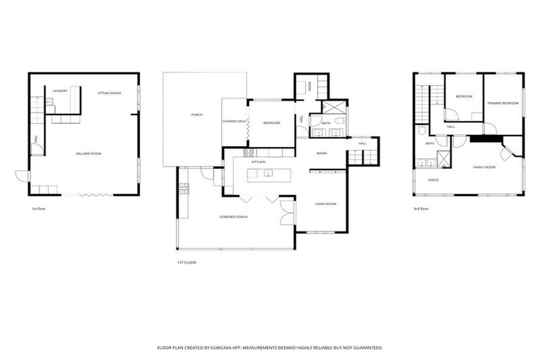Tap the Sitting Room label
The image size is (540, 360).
pos(109,93)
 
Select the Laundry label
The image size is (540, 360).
pos(60,91)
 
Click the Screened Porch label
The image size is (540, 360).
pos(233,217)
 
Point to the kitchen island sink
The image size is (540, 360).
pos(269,173)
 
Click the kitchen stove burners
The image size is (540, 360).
pos(247,153)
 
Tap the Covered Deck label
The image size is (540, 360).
pos(234,122)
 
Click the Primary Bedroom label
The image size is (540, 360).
pos(503,103)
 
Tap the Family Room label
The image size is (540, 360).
pos(484,167)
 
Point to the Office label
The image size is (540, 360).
pos(433,180)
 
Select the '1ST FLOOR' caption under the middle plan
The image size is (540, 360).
pos(186,262)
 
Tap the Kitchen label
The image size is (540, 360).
pos(258,162)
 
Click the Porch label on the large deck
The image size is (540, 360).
pos(197,115)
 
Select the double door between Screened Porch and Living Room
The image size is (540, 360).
pos(286,207)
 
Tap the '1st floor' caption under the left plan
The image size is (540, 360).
pos(38,209)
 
